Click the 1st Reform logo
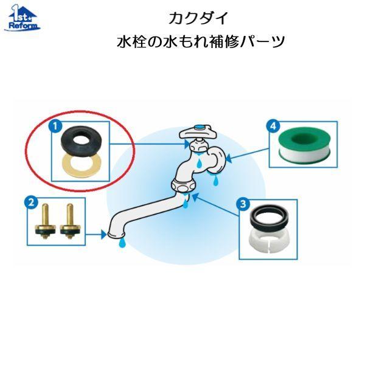tap(22, 18)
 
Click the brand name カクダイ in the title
tap(198, 18)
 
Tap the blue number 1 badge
tap(55, 127)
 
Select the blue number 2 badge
tap(31, 203)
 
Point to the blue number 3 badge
tap(243, 204)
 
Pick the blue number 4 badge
tap(273, 126)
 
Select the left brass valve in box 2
tap(45, 221)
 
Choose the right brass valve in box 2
tap(69, 221)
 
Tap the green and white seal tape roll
tap(305, 144)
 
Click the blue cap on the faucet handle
tap(199, 127)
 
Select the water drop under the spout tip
tap(122, 242)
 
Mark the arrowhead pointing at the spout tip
tap(104, 234)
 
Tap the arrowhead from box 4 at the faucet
tap(229, 159)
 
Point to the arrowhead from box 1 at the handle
tap(187, 144)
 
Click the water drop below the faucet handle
tap(199, 162)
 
